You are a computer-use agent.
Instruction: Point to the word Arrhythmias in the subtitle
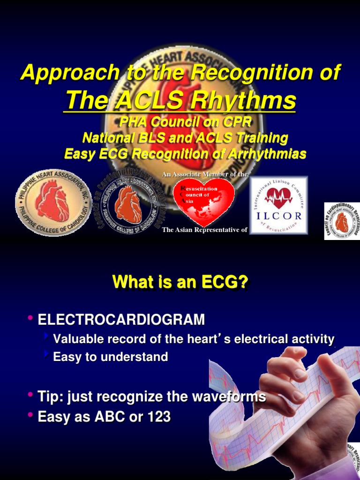[262, 153]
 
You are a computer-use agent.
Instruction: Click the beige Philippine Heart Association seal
[52, 202]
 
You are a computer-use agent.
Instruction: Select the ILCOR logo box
[278, 205]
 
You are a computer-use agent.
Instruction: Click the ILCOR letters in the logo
[279, 217]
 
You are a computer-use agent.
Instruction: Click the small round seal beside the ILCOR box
[342, 221]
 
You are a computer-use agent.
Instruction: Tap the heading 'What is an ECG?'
[180, 283]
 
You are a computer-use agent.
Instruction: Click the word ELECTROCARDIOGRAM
[121, 320]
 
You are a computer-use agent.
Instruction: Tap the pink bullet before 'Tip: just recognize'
[30, 396]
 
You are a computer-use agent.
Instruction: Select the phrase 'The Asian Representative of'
[204, 230]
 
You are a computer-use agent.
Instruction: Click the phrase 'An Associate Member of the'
[204, 174]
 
